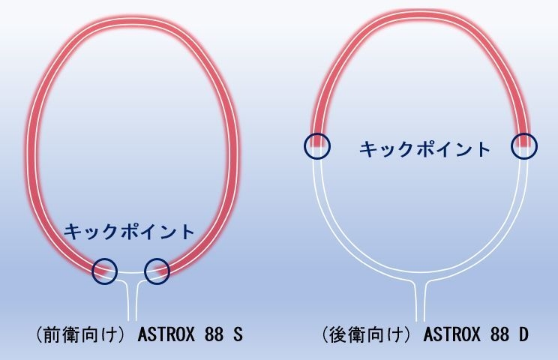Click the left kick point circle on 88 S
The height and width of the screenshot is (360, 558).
pos(105,271)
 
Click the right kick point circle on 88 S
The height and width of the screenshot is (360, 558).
pos(157,271)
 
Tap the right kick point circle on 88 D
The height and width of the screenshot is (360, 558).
pos(525,145)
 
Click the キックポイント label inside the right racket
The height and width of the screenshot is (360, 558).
pos(424,149)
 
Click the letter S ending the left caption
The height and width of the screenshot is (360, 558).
pos(238,334)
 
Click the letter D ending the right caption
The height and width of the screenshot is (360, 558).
pos(523,334)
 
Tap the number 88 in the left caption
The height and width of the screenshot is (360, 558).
pos(213,334)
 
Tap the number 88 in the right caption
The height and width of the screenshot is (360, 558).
pos(499,334)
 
